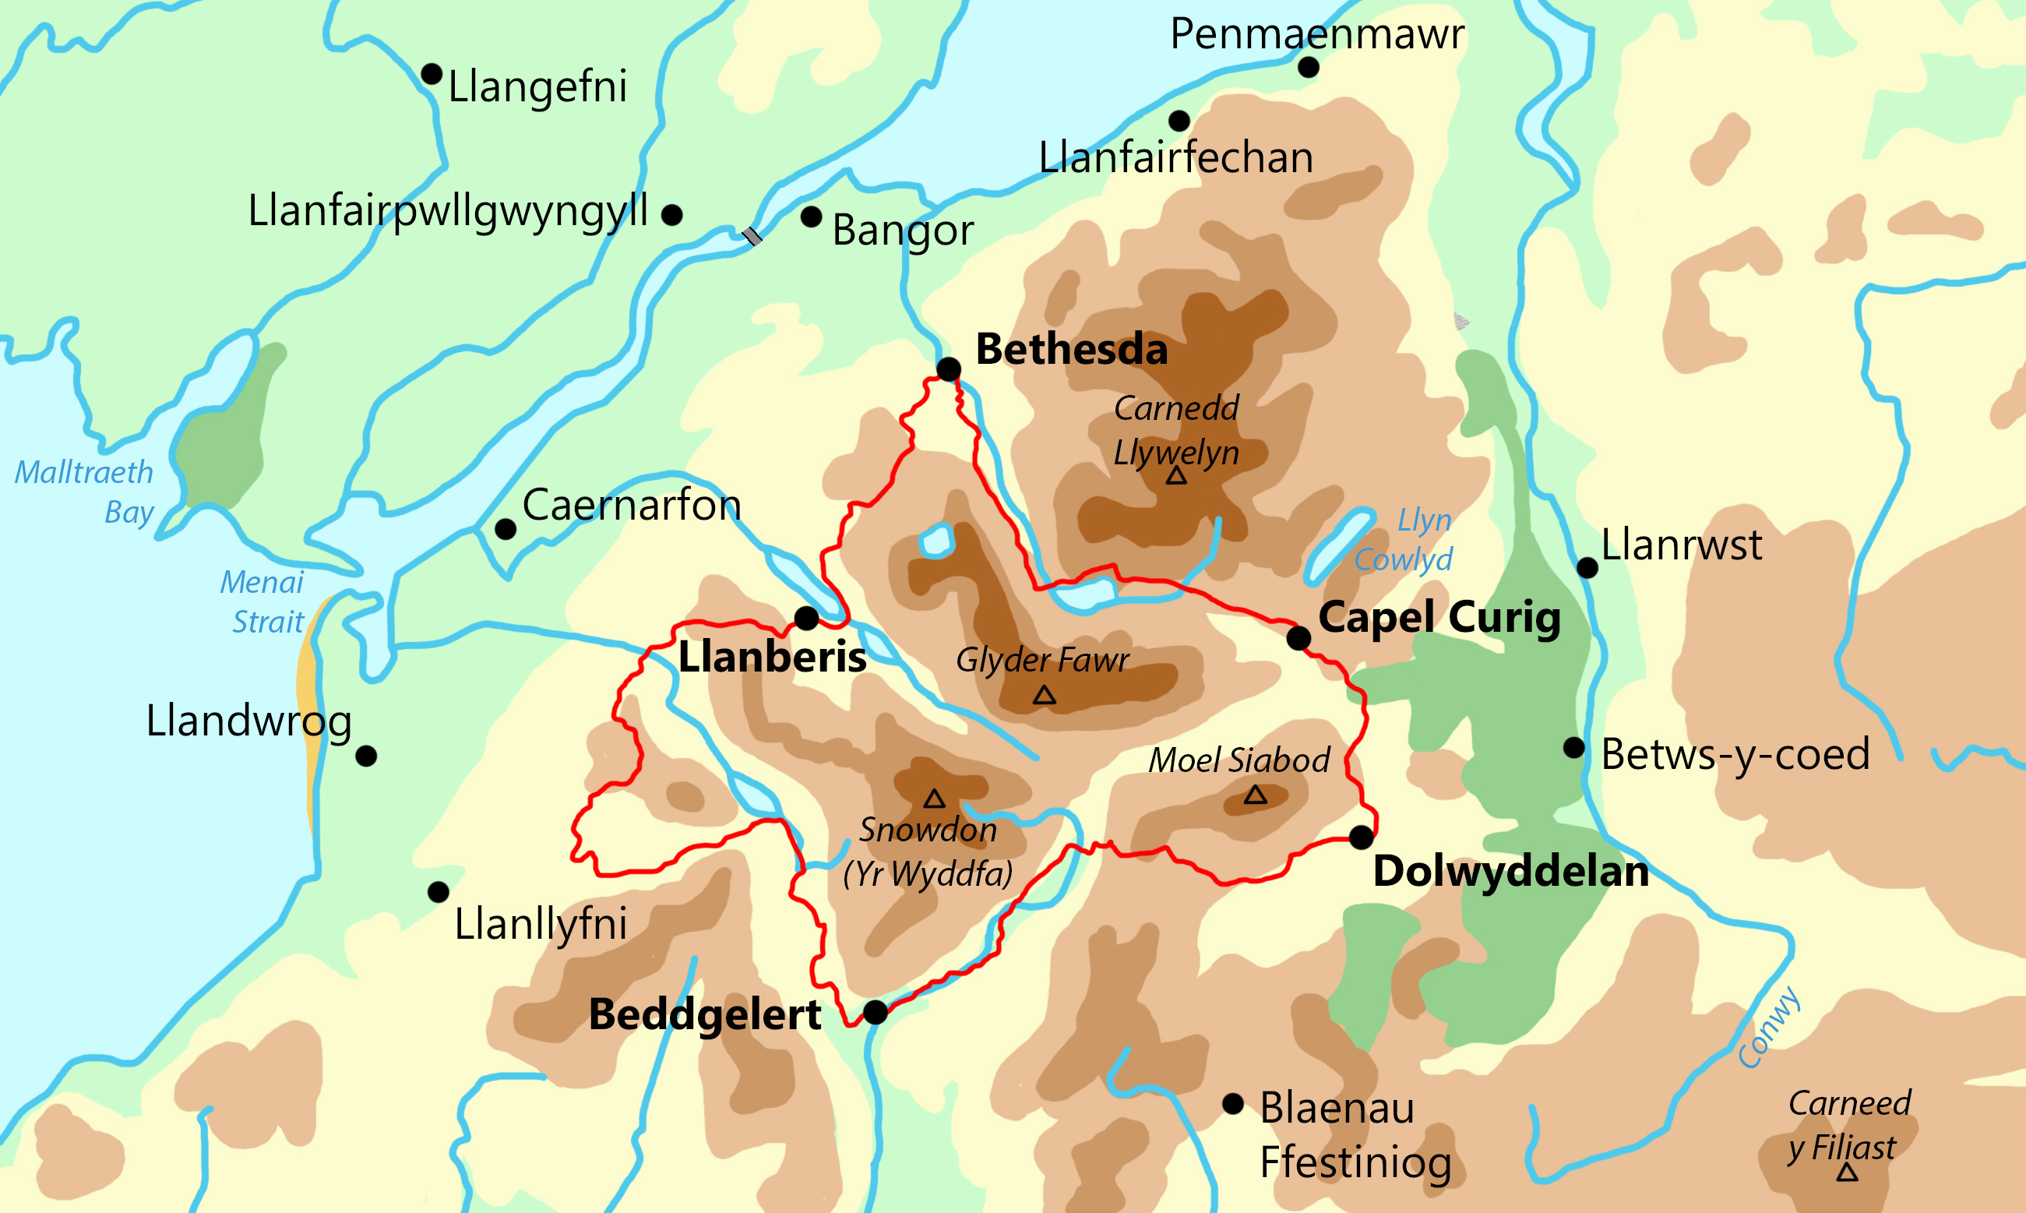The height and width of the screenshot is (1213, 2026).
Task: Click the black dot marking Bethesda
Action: [948, 369]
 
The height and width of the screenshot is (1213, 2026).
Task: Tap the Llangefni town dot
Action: [432, 74]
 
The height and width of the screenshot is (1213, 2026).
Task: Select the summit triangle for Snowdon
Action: [934, 799]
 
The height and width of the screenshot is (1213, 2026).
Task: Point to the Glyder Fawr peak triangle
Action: [1044, 696]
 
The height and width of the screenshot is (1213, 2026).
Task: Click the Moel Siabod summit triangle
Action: [1256, 795]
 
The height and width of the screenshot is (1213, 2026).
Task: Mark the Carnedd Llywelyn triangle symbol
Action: [1176, 477]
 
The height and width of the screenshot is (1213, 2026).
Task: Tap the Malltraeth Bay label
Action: [85, 492]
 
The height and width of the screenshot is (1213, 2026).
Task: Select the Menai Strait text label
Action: [262, 601]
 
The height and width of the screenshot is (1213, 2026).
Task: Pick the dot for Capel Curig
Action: [1298, 637]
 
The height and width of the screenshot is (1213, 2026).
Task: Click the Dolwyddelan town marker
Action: [1361, 837]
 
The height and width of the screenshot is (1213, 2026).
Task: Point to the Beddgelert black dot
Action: [876, 1012]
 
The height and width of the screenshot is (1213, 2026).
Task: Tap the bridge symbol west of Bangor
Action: [752, 236]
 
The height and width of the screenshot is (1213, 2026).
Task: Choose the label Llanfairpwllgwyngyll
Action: [448, 211]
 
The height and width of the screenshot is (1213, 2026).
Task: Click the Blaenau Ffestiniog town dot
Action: [1232, 1104]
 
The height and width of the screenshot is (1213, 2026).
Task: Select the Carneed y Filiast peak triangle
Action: [1847, 1174]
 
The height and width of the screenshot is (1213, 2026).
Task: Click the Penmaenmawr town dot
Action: [1309, 67]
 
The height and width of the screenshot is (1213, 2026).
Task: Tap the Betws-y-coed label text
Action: [1735, 753]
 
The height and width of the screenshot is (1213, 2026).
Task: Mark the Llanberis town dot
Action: [807, 618]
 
